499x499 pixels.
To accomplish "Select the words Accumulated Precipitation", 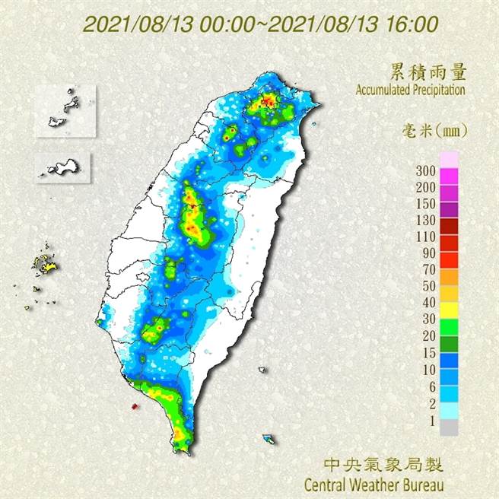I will point(410,90).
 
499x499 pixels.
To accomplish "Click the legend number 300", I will point(426,170).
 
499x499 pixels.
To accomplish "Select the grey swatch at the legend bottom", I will point(450,428).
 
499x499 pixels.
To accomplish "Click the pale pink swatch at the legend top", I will point(450,158).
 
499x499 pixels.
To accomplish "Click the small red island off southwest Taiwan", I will point(135,407).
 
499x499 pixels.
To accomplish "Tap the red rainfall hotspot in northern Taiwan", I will point(267,100).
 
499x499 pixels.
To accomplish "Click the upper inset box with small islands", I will point(62,111).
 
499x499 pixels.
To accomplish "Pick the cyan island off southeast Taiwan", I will point(269,439).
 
